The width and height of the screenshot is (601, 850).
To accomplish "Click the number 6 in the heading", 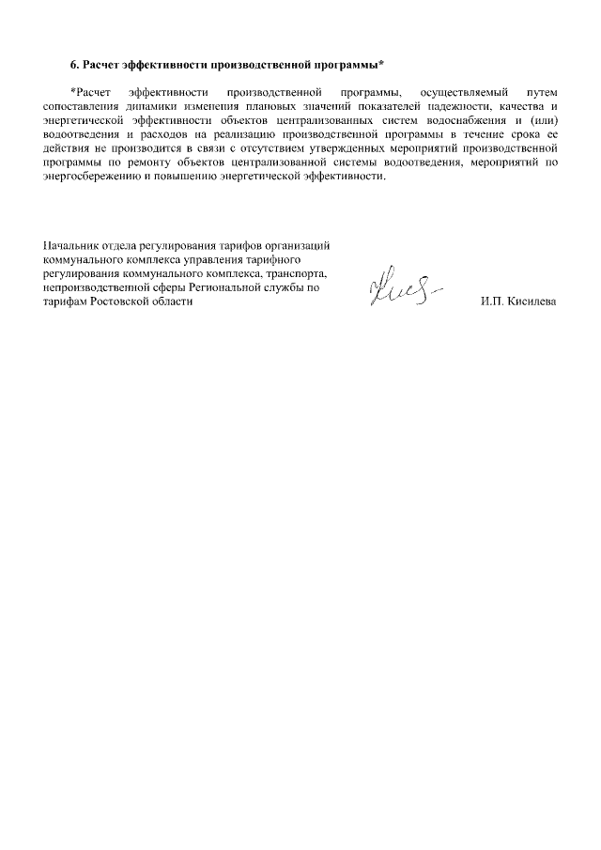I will tap(73, 64).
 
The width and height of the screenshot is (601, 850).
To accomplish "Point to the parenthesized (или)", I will tap(539, 120).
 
